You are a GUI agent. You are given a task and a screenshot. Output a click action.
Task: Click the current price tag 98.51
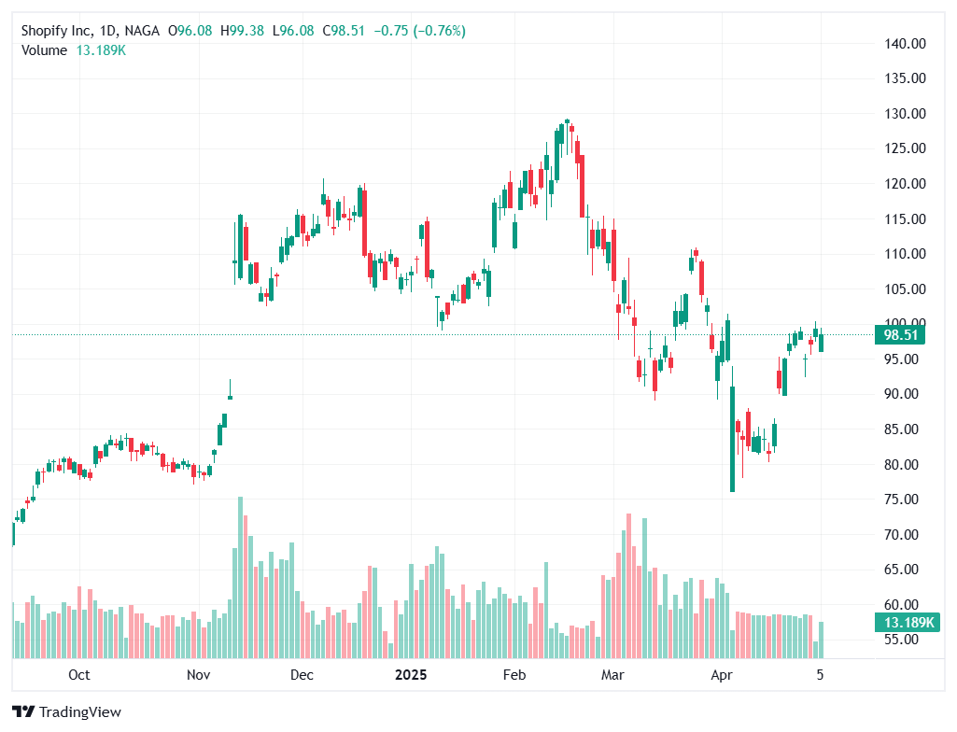click(x=899, y=335)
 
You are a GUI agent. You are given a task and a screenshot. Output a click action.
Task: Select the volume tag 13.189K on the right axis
click(x=899, y=623)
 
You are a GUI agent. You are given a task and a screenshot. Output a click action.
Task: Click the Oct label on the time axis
click(x=79, y=674)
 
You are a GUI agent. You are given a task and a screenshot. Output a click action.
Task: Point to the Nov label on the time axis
click(x=197, y=674)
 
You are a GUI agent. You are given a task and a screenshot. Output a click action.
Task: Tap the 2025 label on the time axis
click(x=411, y=674)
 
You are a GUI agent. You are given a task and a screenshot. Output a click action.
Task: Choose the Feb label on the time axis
click(x=514, y=674)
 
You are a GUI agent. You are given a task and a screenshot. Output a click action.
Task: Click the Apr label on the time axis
click(x=719, y=674)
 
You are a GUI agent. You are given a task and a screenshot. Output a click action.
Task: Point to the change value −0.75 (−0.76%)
click(x=419, y=31)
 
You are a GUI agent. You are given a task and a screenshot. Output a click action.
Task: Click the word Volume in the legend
click(x=44, y=50)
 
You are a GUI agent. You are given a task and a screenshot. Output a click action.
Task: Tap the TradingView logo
click(x=66, y=712)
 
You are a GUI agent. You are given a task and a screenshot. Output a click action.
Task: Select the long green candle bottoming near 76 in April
click(x=732, y=439)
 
